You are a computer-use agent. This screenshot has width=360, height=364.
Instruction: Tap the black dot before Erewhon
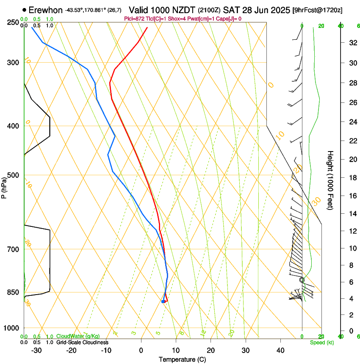[x=25, y=10]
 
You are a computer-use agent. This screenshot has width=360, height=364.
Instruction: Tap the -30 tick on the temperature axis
[x=36, y=350]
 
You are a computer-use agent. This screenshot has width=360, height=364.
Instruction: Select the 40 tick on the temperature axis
[x=280, y=350]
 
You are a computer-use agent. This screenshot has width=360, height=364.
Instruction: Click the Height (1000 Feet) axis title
[x=331, y=180]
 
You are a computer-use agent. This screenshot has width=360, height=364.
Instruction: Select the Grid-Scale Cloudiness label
[x=82, y=342]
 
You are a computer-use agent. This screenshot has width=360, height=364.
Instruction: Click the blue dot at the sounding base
[x=163, y=301]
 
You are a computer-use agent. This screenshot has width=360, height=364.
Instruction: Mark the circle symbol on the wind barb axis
[x=302, y=280]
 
